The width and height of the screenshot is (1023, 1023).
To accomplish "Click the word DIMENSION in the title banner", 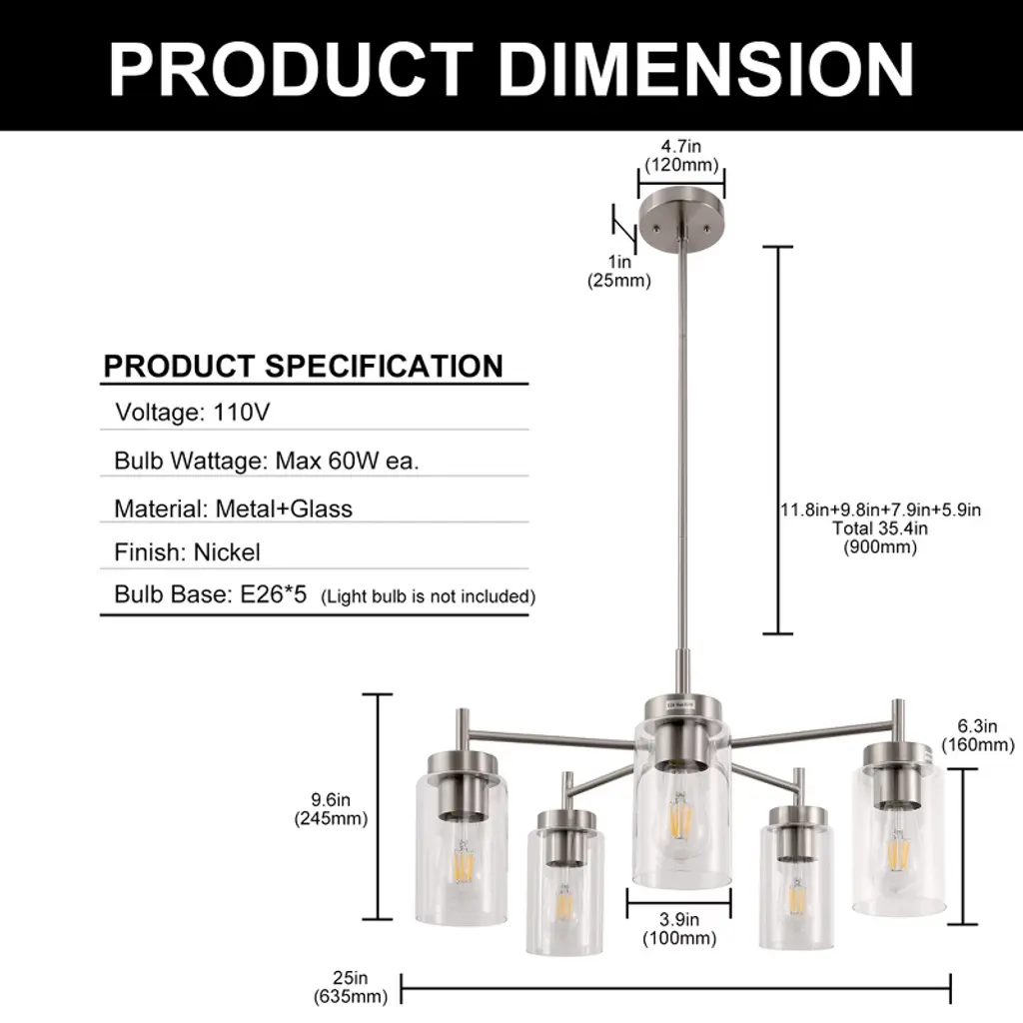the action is (706, 69).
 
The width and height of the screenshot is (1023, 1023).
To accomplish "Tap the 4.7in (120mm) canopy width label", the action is (681, 155).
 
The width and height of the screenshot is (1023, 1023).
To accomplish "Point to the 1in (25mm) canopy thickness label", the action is (619, 271).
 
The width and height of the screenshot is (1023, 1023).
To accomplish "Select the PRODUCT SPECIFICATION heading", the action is (304, 366).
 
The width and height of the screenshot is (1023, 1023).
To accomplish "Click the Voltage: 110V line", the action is (193, 413).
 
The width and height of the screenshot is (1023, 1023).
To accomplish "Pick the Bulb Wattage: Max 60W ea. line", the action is (266, 461).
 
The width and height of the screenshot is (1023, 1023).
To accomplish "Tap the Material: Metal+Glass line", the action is (233, 509).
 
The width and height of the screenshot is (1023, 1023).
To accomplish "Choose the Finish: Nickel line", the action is (187, 552).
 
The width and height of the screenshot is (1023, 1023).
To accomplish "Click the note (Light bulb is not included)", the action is (428, 596).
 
